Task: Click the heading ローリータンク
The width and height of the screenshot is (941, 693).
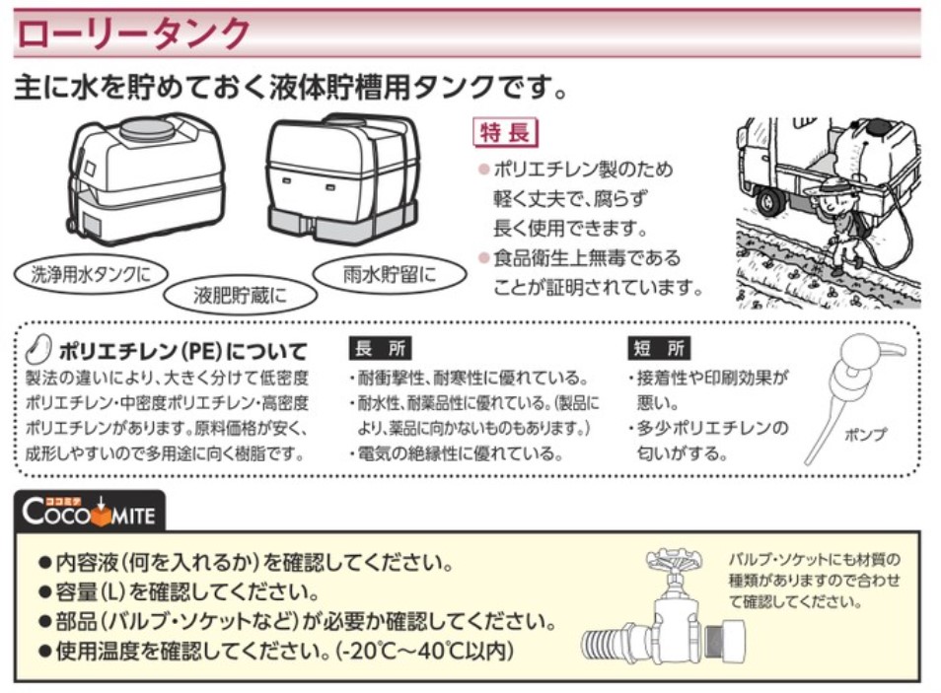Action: tap(135, 34)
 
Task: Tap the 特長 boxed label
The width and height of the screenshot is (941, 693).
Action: tap(506, 131)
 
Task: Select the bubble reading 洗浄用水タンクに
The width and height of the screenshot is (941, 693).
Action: tap(91, 273)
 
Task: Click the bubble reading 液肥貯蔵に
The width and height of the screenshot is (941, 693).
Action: tap(240, 294)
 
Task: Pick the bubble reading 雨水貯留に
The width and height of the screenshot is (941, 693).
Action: tap(388, 273)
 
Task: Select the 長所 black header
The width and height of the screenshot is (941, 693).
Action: tap(380, 348)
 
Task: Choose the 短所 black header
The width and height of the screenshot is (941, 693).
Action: tap(659, 348)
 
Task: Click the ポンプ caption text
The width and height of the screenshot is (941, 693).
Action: tap(865, 433)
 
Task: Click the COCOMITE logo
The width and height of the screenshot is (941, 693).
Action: tap(90, 512)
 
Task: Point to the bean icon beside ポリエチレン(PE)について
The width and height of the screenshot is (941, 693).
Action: tap(38, 349)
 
